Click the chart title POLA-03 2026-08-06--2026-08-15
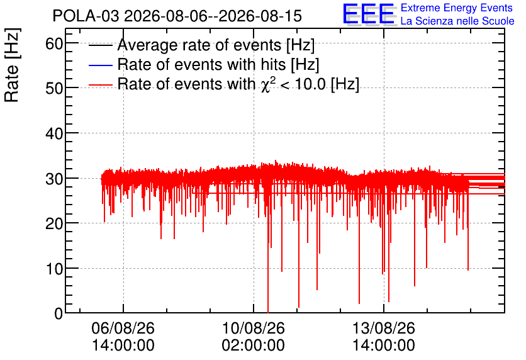pyautogui.click(x=177, y=16)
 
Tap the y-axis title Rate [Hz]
pyautogui.click(x=12, y=65)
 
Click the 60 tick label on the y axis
pyautogui.click(x=54, y=43)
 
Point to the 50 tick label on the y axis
pyautogui.click(x=54, y=88)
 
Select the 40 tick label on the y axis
pyautogui.click(x=54, y=133)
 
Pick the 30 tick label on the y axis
pyautogui.click(x=54, y=179)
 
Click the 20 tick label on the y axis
pyautogui.click(x=54, y=223)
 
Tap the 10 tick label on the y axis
pyautogui.click(x=54, y=269)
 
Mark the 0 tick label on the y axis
pyautogui.click(x=59, y=313)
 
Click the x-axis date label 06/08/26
pyautogui.click(x=123, y=328)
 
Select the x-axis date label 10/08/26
pyautogui.click(x=254, y=328)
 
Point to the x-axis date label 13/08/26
pyautogui.click(x=384, y=328)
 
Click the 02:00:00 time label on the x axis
pyautogui.click(x=254, y=345)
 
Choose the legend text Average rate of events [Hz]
pyautogui.click(x=216, y=45)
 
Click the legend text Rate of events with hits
pyautogui.click(x=201, y=64)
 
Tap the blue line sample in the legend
pyautogui.click(x=101, y=65)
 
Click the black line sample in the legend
pyautogui.click(x=101, y=45)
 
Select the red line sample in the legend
pyautogui.click(x=101, y=85)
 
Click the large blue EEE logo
pyautogui.click(x=369, y=14)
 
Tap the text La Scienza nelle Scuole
pyautogui.click(x=457, y=21)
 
